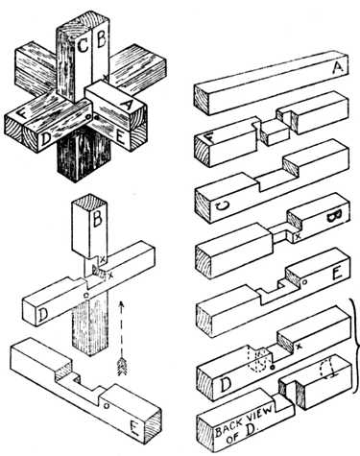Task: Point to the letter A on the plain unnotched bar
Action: [339, 69]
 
